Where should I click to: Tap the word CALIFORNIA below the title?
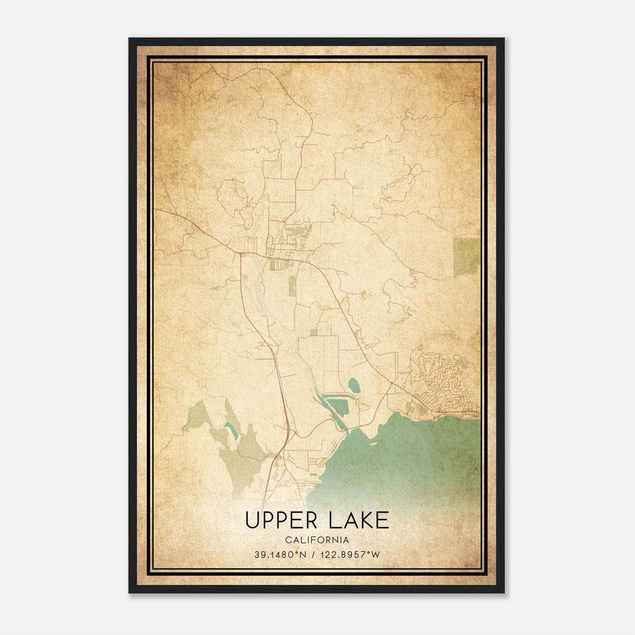click(317, 540)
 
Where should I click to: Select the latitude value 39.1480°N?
click(281, 554)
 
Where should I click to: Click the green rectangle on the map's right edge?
click(467, 257)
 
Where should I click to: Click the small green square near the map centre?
click(314, 332)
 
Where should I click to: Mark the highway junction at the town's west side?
click(241, 253)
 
